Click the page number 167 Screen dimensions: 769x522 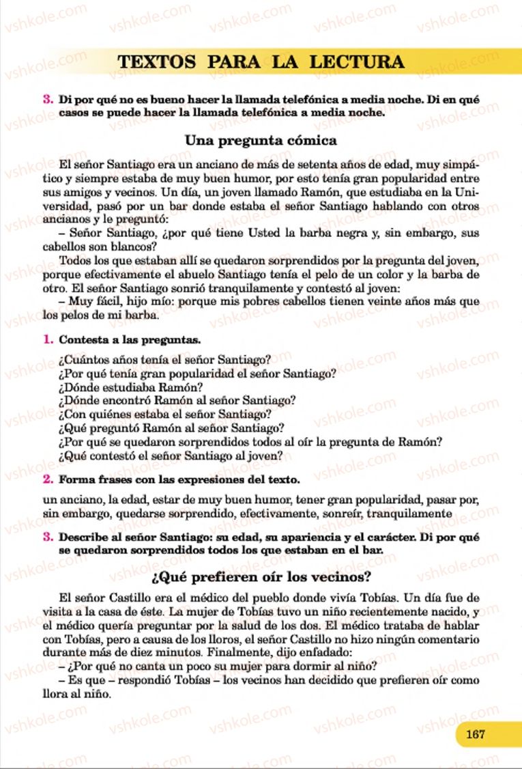click(475, 735)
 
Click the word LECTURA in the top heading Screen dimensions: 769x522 click(356, 62)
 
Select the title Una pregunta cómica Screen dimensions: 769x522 click(261, 141)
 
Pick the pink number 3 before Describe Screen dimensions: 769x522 click(48, 537)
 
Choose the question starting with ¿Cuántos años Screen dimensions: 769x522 click(165, 359)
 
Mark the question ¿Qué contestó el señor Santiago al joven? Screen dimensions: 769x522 click(171, 456)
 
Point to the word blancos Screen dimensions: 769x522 click(126, 247)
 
